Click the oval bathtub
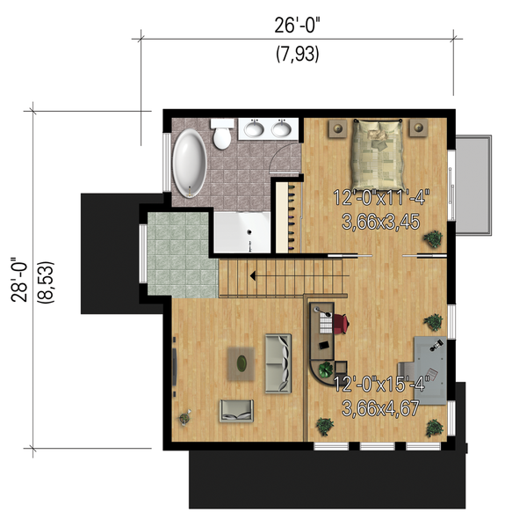(x=189, y=163)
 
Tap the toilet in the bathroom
(x=223, y=135)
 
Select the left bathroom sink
(x=255, y=130)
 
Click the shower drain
(x=249, y=234)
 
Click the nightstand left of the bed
(x=337, y=128)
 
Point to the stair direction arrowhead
(x=253, y=276)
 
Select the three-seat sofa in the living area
(x=277, y=362)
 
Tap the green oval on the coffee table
(x=242, y=360)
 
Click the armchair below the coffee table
(x=236, y=408)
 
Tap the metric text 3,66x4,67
(x=378, y=407)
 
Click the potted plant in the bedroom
(x=432, y=238)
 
